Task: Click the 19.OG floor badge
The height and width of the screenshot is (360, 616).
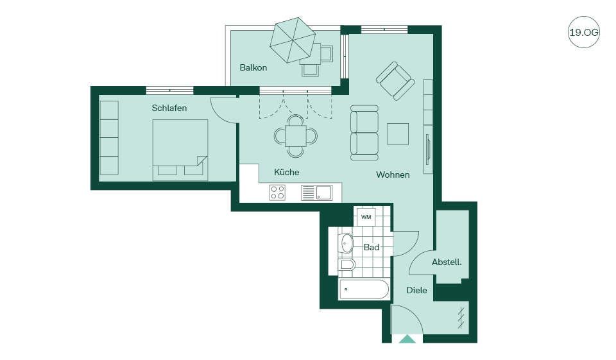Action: [x=584, y=32]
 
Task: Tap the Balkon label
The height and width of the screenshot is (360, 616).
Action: [x=253, y=67]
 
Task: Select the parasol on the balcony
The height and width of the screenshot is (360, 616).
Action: [x=293, y=40]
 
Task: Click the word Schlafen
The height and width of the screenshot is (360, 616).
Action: [x=169, y=108]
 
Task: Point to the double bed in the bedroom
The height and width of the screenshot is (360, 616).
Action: [x=180, y=150]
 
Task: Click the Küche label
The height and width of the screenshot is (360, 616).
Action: [x=286, y=172]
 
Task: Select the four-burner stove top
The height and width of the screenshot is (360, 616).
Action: [x=277, y=193]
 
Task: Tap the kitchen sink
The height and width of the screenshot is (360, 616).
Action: [x=316, y=193]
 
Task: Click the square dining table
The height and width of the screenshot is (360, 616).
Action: [x=295, y=136]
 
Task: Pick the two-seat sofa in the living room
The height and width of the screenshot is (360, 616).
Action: [x=364, y=133]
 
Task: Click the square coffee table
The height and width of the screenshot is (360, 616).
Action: [x=398, y=134]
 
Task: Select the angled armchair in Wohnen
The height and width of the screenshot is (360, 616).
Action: [x=395, y=81]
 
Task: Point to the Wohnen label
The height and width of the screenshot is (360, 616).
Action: [x=393, y=175]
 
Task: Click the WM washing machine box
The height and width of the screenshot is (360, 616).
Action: [x=366, y=217]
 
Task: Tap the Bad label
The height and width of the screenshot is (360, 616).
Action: [x=372, y=247]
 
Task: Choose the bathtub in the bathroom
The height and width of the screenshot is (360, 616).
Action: [x=364, y=289]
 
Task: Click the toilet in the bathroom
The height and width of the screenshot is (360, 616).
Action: [x=346, y=264]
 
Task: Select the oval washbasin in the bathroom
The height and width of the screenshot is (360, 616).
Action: [x=346, y=243]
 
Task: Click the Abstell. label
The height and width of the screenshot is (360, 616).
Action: [x=447, y=262]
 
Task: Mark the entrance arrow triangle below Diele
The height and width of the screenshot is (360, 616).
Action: [x=407, y=339]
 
